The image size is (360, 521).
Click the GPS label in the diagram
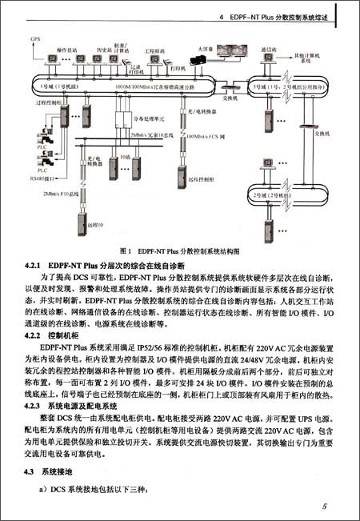point(34,38)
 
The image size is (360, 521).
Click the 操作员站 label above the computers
point(67,50)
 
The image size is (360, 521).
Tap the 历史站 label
point(106,50)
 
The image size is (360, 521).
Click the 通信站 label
point(269,50)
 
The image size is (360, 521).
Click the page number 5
point(325,505)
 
